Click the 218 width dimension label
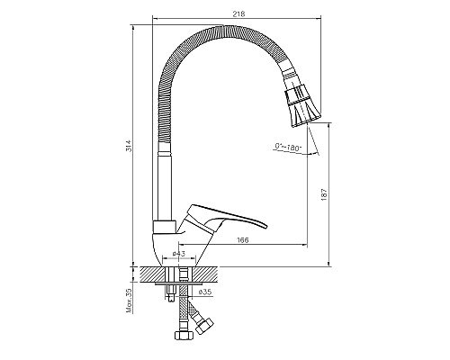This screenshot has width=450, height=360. pos(238,13)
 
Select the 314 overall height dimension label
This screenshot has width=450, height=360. pos(128,146)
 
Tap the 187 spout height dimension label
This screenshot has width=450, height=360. pos(324,194)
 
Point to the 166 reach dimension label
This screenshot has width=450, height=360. pos(243,240)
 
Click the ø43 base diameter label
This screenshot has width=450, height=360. pos(179,254)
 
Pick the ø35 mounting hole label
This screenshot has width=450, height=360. pos(205,292)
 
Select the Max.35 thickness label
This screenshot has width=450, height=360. pos(130,301)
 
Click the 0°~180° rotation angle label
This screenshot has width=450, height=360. pos(288,147)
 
